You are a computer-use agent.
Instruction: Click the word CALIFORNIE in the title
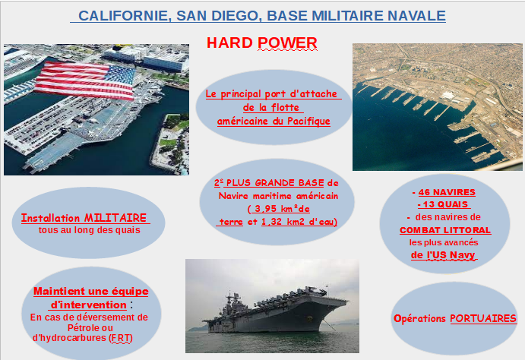click(123, 16)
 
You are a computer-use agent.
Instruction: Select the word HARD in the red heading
click(229, 43)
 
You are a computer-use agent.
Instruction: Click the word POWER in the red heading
click(287, 43)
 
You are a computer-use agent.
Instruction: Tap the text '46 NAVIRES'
click(447, 192)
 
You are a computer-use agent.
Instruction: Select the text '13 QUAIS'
click(445, 204)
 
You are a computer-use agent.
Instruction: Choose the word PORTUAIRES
click(483, 318)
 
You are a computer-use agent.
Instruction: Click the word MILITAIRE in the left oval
click(115, 218)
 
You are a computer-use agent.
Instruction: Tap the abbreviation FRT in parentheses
click(121, 338)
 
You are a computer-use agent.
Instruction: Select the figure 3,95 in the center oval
click(266, 209)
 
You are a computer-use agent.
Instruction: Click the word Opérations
click(420, 318)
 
